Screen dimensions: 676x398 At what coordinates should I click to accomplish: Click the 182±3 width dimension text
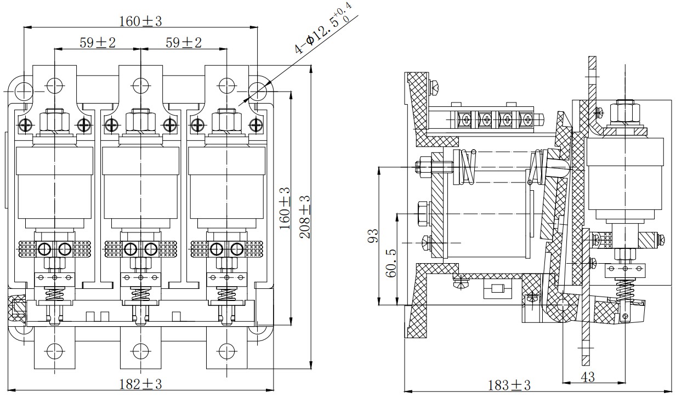pyautogui.click(x=141, y=384)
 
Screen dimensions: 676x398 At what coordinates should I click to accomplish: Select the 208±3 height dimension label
pyautogui.click(x=305, y=217)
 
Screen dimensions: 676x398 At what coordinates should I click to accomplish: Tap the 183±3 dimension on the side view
pyautogui.click(x=509, y=385)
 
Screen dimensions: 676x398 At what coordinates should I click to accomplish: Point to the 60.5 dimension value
pyautogui.click(x=391, y=263)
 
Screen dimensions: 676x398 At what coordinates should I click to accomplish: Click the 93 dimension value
pyautogui.click(x=373, y=236)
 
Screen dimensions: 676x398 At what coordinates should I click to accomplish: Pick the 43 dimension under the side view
pyautogui.click(x=588, y=377)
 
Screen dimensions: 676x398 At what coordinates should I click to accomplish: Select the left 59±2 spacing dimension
pyautogui.click(x=98, y=43)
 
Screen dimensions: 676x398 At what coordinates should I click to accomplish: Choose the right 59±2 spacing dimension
pyautogui.click(x=184, y=43)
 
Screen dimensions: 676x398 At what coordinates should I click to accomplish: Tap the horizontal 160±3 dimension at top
pyautogui.click(x=141, y=21)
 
